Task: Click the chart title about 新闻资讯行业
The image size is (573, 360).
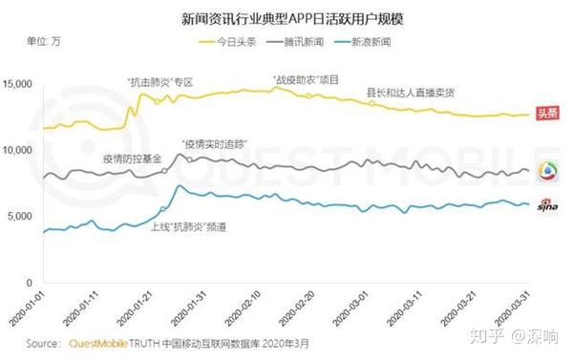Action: (x=287, y=17)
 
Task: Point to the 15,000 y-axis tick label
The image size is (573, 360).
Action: (x=20, y=85)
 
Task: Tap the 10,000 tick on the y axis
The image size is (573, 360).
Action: (x=20, y=151)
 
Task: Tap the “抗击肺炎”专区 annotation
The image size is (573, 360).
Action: (x=159, y=82)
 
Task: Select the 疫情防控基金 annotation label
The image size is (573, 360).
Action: (x=133, y=156)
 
